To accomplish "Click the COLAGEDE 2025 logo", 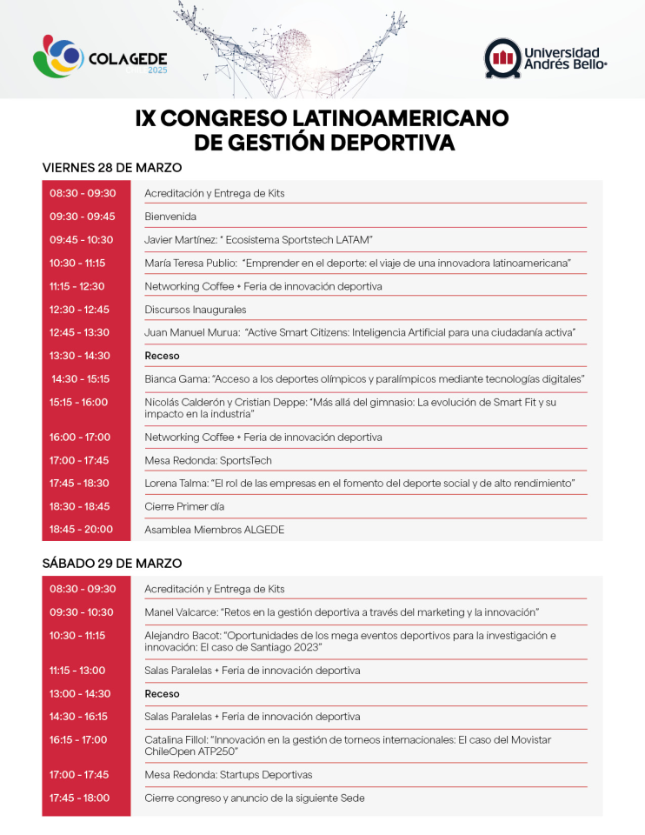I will coord(101,58).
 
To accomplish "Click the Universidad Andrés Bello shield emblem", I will coord(502,57).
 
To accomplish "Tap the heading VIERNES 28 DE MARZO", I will coord(112,168).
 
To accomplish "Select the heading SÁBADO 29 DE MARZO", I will coord(112,564).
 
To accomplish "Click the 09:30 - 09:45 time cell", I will coord(83,217).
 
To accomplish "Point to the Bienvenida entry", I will coord(170,217).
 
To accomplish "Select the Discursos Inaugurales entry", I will coord(196,310).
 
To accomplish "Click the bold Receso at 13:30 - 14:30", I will coord(162,356).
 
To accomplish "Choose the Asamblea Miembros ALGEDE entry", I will coord(214,530).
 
